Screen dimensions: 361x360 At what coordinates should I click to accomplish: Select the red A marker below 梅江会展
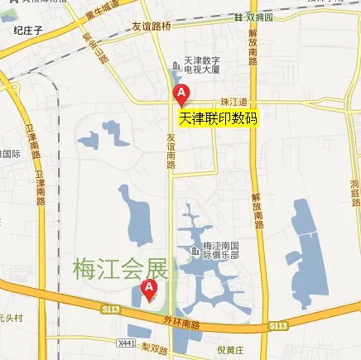pos(149,289)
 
